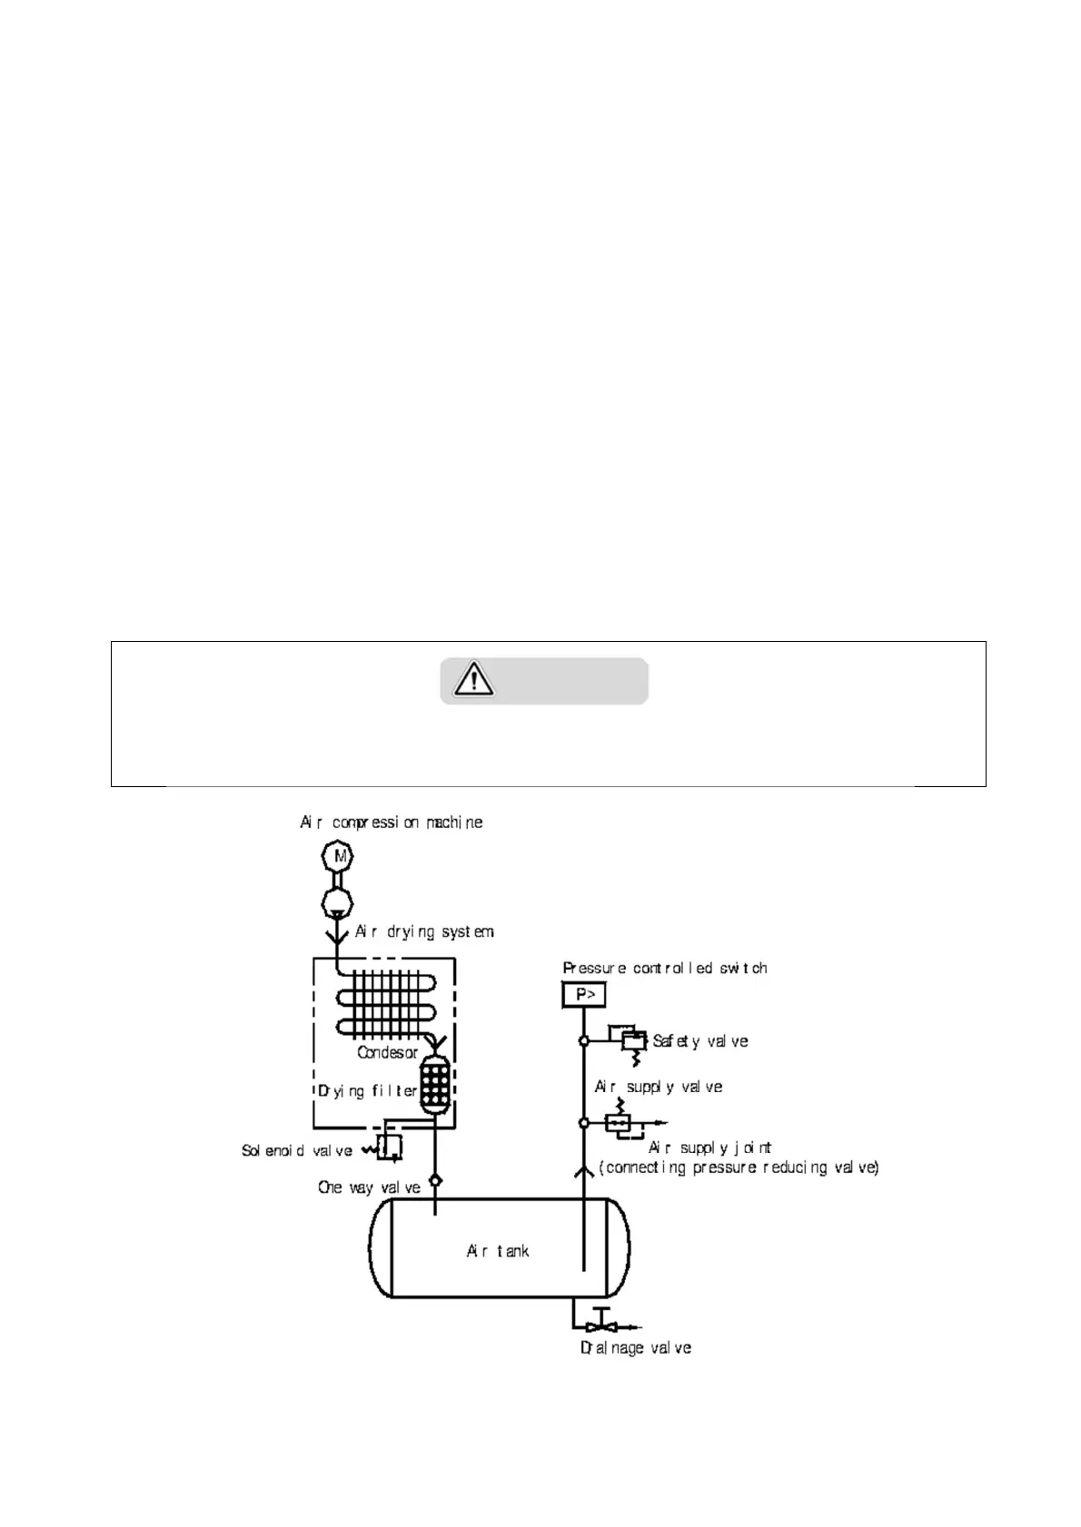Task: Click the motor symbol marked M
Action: (x=338, y=856)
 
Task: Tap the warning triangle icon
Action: (x=473, y=680)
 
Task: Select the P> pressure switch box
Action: (x=584, y=995)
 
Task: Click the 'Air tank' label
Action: (x=497, y=1251)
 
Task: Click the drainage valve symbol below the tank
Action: (x=600, y=1325)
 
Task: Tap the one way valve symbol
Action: (x=435, y=1180)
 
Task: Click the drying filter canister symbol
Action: (x=435, y=1082)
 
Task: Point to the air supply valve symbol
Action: (x=619, y=1123)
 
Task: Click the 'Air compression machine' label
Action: (x=392, y=823)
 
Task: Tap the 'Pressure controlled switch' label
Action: (x=665, y=969)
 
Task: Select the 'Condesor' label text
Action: (x=387, y=1053)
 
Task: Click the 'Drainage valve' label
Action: (x=636, y=1348)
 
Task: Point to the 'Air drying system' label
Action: (x=424, y=931)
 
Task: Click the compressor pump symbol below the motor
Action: (x=338, y=902)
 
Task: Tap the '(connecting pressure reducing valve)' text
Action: (x=739, y=1167)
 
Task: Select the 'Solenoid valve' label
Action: (x=296, y=1151)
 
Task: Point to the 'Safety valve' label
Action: (x=700, y=1041)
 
